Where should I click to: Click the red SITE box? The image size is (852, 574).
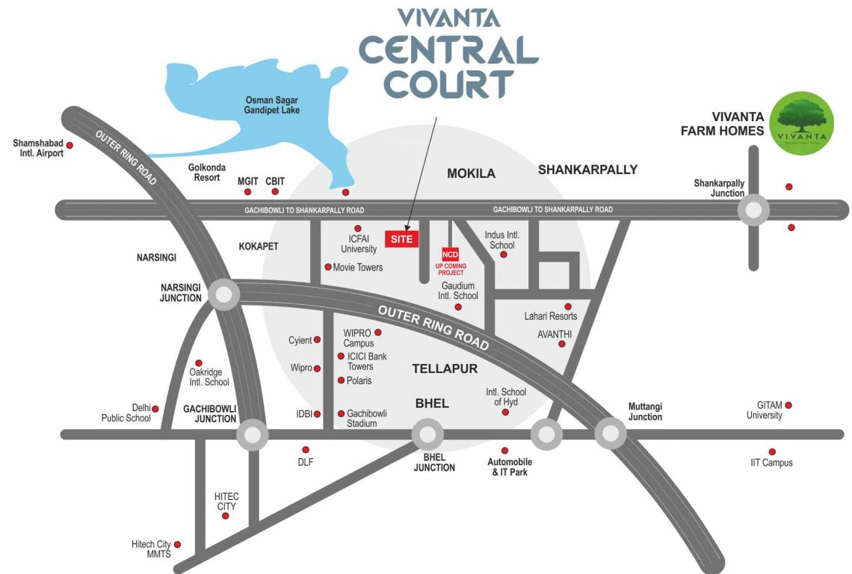click(x=402, y=239)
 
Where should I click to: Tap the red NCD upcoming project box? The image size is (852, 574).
click(x=450, y=254)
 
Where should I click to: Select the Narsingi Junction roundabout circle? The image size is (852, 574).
click(x=223, y=294)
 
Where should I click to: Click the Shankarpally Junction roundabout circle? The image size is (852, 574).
click(x=753, y=210)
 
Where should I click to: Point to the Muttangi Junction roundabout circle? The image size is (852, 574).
click(x=610, y=433)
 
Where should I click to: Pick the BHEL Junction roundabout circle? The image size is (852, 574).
click(x=427, y=433)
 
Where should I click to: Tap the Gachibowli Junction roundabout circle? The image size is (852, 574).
click(x=252, y=434)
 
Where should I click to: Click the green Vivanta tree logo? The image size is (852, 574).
click(x=802, y=123)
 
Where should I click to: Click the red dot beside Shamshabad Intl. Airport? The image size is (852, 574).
click(x=70, y=145)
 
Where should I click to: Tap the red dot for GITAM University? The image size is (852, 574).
click(x=788, y=405)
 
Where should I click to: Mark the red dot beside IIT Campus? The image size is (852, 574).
click(x=772, y=451)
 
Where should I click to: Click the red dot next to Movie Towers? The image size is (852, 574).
click(x=327, y=267)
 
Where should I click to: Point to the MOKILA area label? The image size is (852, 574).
click(x=471, y=173)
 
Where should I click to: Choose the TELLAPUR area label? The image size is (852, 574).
click(x=445, y=368)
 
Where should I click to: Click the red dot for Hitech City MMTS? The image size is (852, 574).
click(x=178, y=545)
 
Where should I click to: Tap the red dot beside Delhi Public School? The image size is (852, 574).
click(x=156, y=408)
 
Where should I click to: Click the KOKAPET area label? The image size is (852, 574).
click(x=259, y=246)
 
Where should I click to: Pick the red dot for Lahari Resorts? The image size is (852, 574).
click(x=568, y=306)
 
